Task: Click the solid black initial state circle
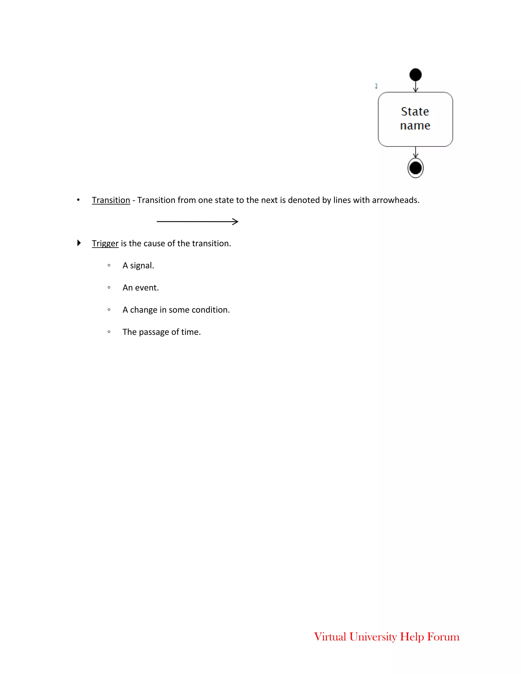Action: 415,75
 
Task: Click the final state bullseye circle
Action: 415,168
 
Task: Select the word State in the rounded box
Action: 415,111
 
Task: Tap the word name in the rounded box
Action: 415,126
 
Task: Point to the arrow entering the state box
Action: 415,86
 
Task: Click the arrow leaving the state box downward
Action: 415,152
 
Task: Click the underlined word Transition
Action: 111,200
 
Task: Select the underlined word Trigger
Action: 105,243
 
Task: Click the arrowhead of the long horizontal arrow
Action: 236,222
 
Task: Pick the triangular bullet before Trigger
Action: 79,243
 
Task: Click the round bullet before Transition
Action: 78,200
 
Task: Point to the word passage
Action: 154,332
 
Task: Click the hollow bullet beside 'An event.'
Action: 109,288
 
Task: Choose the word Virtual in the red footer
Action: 330,637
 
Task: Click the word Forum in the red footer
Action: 443,637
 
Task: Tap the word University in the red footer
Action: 373,637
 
